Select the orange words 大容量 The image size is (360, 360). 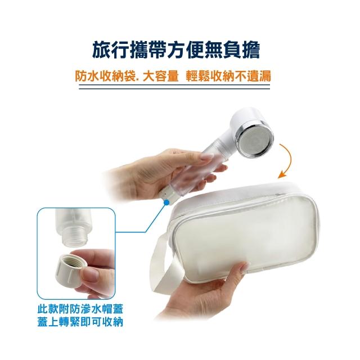click(160, 76)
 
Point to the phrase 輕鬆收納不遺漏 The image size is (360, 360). click(228, 76)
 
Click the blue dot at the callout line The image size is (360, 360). click(166, 202)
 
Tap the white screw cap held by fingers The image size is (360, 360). click(70, 270)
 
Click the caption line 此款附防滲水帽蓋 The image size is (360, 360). click(80, 309)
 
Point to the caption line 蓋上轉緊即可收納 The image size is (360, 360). click(80, 322)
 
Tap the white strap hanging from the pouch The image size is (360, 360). click(164, 264)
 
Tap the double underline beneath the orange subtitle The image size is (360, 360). click(174, 87)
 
